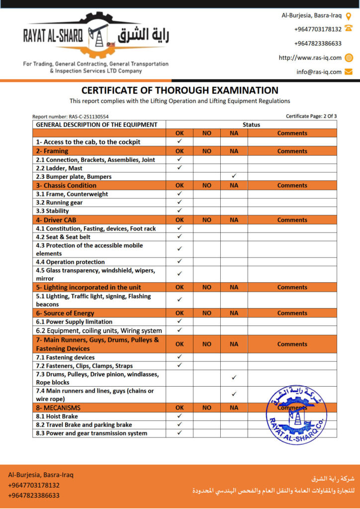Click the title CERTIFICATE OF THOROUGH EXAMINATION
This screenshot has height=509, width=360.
(180, 90)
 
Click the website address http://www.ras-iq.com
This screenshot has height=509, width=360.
(310, 58)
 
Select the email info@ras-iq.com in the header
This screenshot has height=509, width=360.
(319, 72)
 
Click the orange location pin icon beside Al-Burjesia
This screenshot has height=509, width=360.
(349, 15)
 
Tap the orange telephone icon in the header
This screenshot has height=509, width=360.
(349, 29)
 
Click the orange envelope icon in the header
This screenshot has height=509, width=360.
(349, 72)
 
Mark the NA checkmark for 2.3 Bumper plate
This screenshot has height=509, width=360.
(234, 176)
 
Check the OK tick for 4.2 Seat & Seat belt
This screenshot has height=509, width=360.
(180, 237)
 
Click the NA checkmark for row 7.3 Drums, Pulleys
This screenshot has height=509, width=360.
(234, 378)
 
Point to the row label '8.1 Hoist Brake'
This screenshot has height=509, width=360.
(57, 417)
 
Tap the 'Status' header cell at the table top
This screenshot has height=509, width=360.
(251, 125)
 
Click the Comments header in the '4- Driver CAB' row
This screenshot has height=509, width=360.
(292, 220)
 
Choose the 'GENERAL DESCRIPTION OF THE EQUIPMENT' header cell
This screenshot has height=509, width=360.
(96, 125)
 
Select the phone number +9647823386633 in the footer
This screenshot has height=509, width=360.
(33, 495)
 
